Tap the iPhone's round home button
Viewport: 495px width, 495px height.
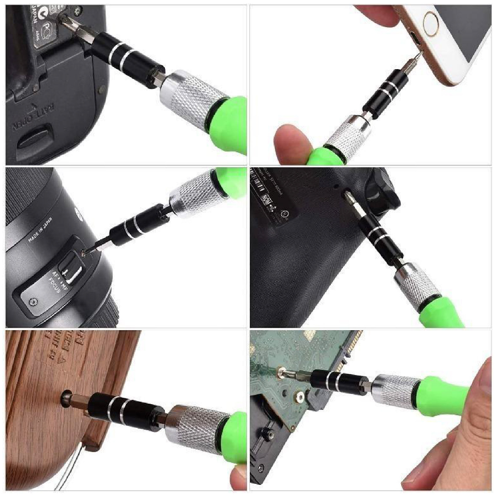tap(433, 23)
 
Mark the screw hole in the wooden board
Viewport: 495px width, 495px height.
tap(65, 399)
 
